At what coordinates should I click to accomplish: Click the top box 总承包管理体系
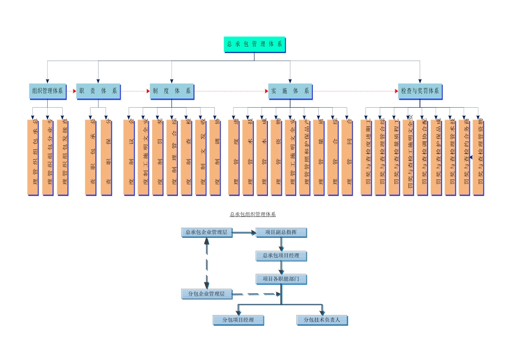coord(254,44)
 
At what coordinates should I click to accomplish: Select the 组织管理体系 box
coord(47,91)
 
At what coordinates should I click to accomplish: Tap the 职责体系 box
coord(98,91)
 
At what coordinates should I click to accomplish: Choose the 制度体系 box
coord(171,91)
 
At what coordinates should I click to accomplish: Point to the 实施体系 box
coord(290,91)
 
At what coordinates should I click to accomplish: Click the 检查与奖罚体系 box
coord(420,91)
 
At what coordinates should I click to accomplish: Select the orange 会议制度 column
coord(129,157)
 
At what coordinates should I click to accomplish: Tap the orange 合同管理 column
coord(347,157)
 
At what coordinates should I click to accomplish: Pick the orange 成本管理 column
coord(262,157)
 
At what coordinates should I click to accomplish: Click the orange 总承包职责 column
coord(91,157)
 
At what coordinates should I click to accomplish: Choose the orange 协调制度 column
coord(215,157)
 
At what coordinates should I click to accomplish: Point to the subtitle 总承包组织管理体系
coord(253,215)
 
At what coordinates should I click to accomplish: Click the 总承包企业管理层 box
coord(206,232)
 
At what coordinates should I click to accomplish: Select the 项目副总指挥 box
coord(281,232)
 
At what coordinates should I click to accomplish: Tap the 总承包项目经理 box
coord(281,256)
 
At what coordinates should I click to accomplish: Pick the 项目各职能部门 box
coord(281,279)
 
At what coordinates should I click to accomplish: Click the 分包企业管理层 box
coord(206,294)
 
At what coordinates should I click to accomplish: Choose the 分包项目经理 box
coord(238,320)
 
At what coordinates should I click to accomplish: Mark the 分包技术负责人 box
coord(322,320)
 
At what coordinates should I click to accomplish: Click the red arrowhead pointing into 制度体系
coord(148,91)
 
